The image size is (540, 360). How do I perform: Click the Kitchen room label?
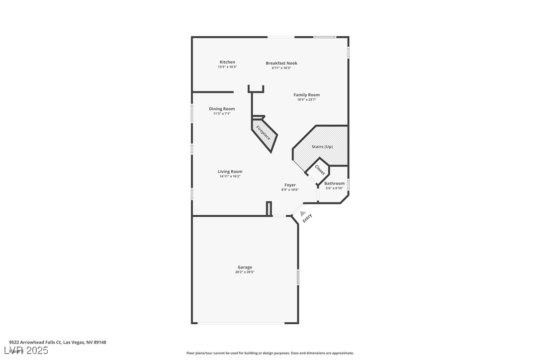(227, 62)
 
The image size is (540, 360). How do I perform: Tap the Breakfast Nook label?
(281, 63)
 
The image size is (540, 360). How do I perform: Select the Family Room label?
(306, 95)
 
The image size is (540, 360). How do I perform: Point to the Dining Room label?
(222, 109)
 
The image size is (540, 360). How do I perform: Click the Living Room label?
(230, 172)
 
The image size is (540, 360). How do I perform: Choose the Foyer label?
(290, 185)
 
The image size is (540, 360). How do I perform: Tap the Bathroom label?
(334, 183)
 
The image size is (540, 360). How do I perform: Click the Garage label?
(245, 268)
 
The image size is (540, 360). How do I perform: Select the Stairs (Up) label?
(322, 147)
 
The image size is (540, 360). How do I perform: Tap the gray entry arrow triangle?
(303, 213)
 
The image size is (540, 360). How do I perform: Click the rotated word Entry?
(307, 218)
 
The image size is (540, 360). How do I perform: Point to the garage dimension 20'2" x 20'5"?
(245, 272)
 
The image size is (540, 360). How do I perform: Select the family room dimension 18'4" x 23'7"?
(306, 100)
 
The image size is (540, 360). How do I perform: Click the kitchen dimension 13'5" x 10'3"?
(227, 67)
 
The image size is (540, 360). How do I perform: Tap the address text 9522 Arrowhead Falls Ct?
(57, 342)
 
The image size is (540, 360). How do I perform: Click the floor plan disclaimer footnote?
(270, 353)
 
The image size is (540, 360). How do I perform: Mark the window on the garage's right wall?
(298, 276)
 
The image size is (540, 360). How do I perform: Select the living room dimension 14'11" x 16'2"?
(230, 177)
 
